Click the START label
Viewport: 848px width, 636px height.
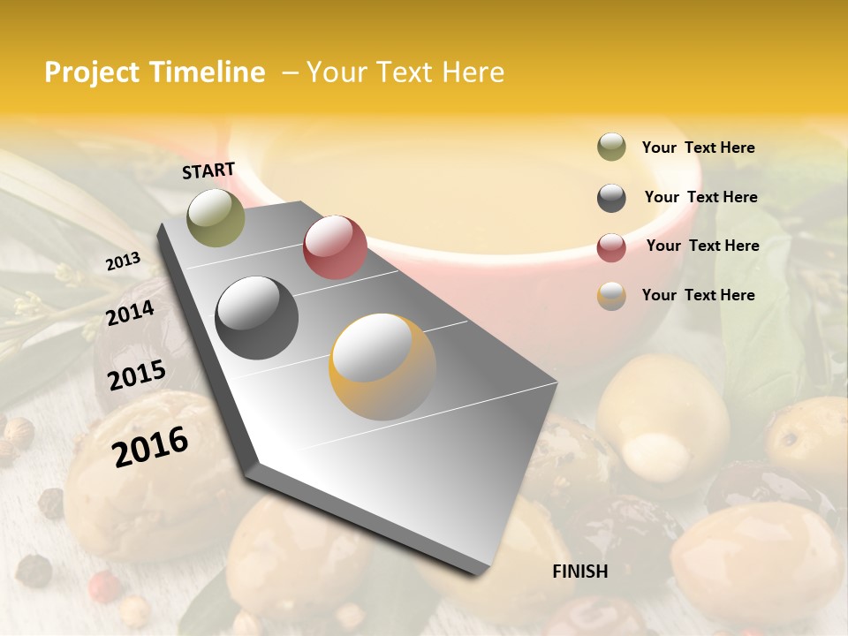coord(208,170)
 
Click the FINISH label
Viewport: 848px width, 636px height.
coord(579,572)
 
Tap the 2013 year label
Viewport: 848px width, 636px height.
coord(123,261)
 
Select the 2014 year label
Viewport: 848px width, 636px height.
coord(130,313)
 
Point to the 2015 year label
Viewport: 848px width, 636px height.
coord(137,375)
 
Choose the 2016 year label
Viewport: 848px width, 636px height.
coord(150,447)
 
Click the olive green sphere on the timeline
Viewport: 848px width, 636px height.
coord(216,217)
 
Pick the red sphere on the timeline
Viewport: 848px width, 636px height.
coord(335,246)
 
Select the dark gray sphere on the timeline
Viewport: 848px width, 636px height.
coord(257,317)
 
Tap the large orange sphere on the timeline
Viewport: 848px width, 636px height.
coord(382,367)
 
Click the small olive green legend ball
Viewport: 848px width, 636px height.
coord(611,148)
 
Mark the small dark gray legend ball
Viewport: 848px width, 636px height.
coord(611,198)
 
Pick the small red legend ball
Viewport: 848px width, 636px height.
coord(611,247)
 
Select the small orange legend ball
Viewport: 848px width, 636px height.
coord(611,296)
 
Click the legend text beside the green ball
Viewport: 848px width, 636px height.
coord(698,148)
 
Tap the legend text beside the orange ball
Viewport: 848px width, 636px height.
coord(698,295)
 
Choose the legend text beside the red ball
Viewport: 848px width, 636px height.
coord(702,246)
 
